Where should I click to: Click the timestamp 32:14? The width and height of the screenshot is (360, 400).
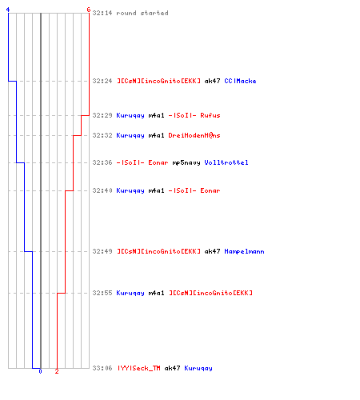point(102,13)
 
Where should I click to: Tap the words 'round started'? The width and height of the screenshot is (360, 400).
point(142,13)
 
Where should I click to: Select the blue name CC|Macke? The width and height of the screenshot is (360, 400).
point(240,81)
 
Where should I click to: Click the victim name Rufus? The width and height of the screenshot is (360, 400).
point(210,115)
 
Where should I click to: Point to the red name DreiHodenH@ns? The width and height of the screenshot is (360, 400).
point(194,135)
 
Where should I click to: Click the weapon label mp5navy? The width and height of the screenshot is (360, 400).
point(186,162)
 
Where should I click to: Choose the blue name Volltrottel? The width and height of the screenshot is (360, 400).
point(226,162)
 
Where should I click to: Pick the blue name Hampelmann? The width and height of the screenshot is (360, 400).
point(244,251)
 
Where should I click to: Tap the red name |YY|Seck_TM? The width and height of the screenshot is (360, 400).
point(139,368)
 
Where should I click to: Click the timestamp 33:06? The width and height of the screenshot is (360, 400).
point(102,368)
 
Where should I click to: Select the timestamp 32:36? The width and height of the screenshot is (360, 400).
point(102,162)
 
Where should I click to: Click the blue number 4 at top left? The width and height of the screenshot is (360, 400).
point(8,10)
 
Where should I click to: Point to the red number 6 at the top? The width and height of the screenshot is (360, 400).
point(89,10)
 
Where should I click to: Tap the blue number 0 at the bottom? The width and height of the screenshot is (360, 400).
point(40,371)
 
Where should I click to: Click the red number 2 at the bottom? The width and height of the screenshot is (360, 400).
point(57,371)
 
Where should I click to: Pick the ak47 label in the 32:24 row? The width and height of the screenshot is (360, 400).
point(212,81)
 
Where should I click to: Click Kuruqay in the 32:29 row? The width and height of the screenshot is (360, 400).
point(130,115)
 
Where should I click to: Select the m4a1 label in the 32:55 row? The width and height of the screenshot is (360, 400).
point(156,293)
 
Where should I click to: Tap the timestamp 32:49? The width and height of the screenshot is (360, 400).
point(102,251)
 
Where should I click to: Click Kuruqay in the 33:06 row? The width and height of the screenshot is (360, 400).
point(198,369)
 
